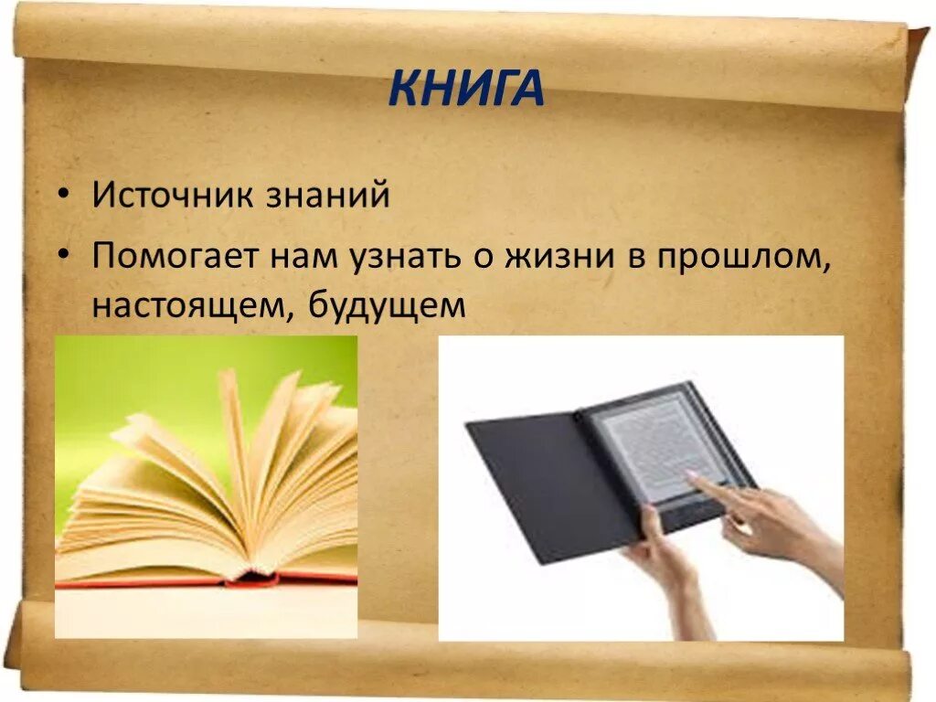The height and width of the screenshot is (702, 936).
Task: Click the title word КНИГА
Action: (x=466, y=89)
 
